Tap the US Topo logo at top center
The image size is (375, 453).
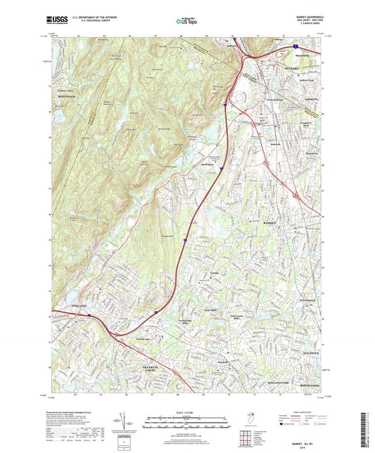pos(186,23)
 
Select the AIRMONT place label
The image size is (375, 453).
pos(312,99)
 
